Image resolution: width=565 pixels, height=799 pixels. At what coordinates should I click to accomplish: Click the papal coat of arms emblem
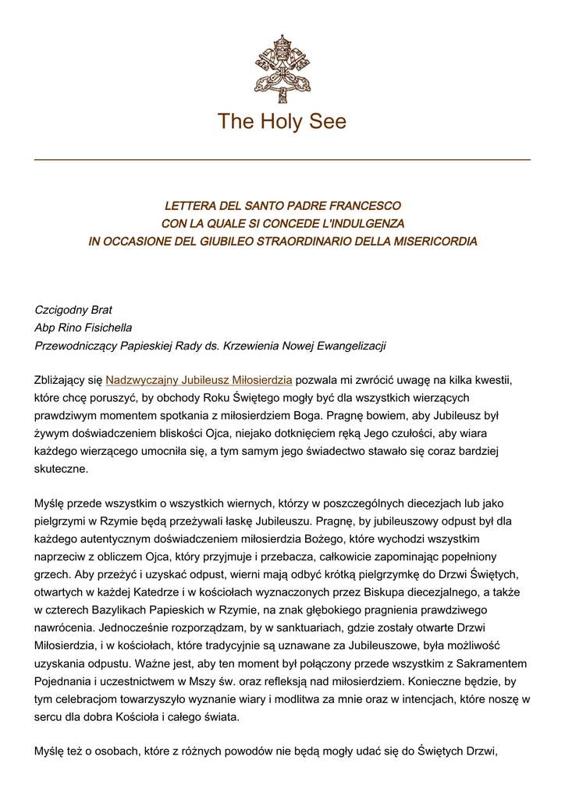pos(282,69)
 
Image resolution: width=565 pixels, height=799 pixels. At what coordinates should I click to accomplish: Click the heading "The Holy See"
pos(282,122)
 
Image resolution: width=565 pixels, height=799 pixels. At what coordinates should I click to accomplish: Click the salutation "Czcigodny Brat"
pos(73,310)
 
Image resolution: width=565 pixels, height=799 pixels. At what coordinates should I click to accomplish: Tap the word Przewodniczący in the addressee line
pos(72,346)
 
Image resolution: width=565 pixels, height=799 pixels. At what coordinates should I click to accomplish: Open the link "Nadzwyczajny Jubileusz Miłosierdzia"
pos(199,381)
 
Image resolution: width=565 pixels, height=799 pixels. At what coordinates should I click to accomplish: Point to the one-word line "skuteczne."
pos(62,471)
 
